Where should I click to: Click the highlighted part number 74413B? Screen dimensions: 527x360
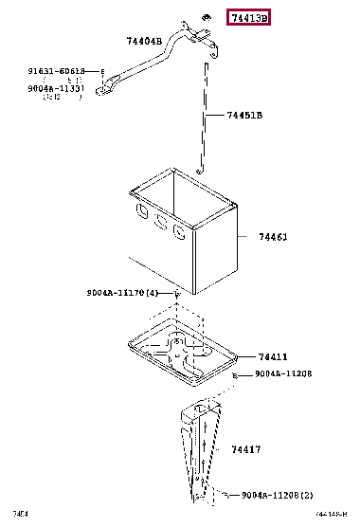pyautogui.click(x=247, y=18)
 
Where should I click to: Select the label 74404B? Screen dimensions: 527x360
pyautogui.click(x=144, y=41)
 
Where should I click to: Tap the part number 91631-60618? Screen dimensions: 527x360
pyautogui.click(x=56, y=71)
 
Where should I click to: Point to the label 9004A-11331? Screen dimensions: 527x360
pyautogui.click(x=56, y=88)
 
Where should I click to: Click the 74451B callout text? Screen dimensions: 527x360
pyautogui.click(x=243, y=116)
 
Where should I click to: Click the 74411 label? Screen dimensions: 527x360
pyautogui.click(x=272, y=356)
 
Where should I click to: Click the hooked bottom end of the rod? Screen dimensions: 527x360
pyautogui.click(x=199, y=170)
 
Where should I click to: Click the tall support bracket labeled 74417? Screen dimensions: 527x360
pyautogui.click(x=199, y=455)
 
